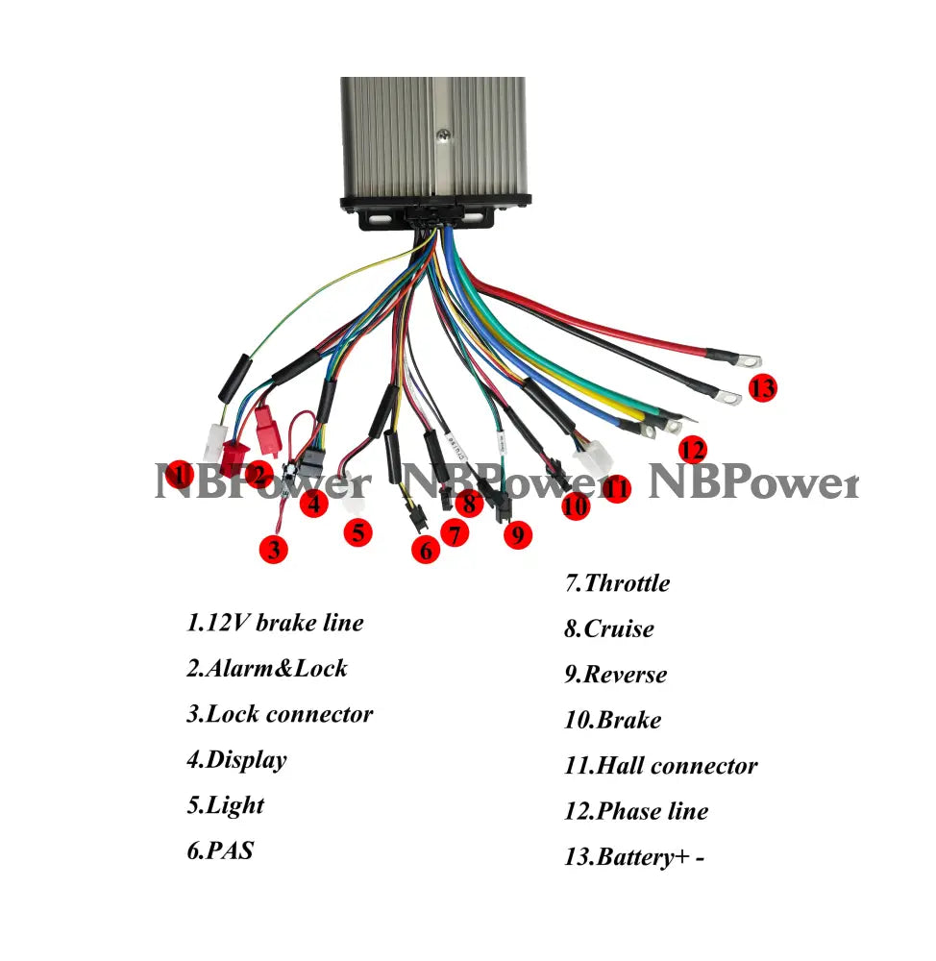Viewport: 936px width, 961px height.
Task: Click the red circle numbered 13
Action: [762, 388]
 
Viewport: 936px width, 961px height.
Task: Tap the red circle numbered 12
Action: [692, 449]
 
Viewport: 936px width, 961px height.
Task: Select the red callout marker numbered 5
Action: [357, 531]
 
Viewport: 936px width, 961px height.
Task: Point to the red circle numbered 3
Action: [275, 550]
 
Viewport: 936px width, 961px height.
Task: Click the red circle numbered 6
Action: [426, 550]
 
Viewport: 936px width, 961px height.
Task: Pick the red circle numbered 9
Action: [517, 534]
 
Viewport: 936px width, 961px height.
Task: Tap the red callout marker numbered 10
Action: [576, 505]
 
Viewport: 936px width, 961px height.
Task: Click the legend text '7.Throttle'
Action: [617, 583]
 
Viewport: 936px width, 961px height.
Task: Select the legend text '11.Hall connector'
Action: [660, 766]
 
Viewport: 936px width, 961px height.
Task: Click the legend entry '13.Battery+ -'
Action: [634, 856]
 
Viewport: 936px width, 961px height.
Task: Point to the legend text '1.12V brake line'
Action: [275, 623]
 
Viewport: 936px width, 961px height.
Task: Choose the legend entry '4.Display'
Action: [236, 760]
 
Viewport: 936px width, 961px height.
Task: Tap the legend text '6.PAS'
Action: [220, 850]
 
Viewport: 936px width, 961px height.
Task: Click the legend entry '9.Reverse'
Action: [615, 675]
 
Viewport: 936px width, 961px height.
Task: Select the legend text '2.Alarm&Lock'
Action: [267, 668]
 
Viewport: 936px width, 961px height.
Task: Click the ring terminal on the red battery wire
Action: [748, 361]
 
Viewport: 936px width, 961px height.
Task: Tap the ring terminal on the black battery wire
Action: [728, 394]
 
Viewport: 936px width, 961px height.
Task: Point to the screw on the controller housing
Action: [443, 136]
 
